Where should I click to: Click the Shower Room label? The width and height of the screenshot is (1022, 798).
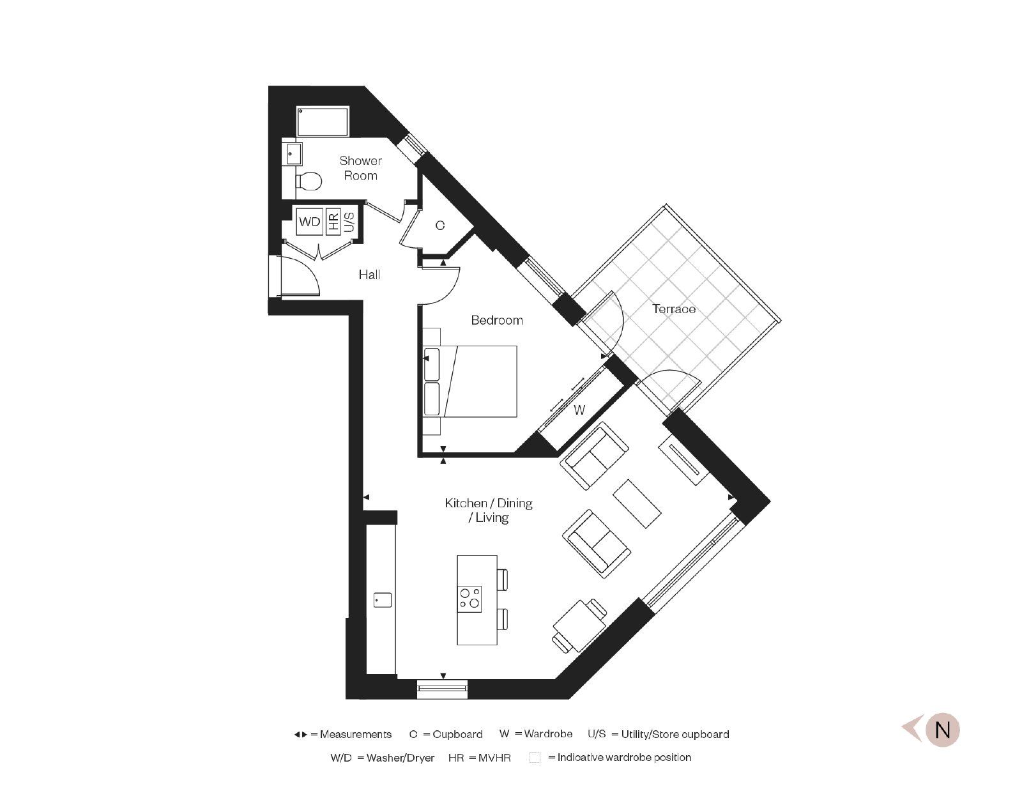click(x=360, y=168)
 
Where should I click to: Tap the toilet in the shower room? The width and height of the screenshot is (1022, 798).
click(x=309, y=181)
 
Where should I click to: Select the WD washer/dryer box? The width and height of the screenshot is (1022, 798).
click(x=309, y=222)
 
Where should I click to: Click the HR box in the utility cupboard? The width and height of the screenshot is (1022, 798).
click(x=333, y=222)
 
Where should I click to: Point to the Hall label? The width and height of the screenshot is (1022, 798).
click(x=369, y=275)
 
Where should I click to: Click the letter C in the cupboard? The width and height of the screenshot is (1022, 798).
click(x=439, y=226)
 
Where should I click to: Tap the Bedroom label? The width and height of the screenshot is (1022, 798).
click(x=497, y=320)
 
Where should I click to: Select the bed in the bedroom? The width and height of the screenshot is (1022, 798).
click(x=470, y=381)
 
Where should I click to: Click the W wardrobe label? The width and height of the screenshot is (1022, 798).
click(x=579, y=410)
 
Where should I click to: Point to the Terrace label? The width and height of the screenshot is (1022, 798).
click(x=673, y=309)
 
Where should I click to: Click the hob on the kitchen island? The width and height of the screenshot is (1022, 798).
click(x=470, y=599)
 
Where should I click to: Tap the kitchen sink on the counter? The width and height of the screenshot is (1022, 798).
click(x=383, y=600)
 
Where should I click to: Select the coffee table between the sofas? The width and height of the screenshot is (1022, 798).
click(x=637, y=503)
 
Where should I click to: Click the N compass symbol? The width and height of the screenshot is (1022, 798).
click(x=942, y=730)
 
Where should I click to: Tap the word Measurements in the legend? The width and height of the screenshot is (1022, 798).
click(x=355, y=735)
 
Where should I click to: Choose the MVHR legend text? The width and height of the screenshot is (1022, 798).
click(x=494, y=758)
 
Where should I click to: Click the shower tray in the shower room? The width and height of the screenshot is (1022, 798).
click(x=323, y=121)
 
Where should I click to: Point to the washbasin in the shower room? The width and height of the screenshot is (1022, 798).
click(x=292, y=154)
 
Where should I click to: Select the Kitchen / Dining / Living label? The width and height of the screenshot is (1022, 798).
click(x=489, y=510)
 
